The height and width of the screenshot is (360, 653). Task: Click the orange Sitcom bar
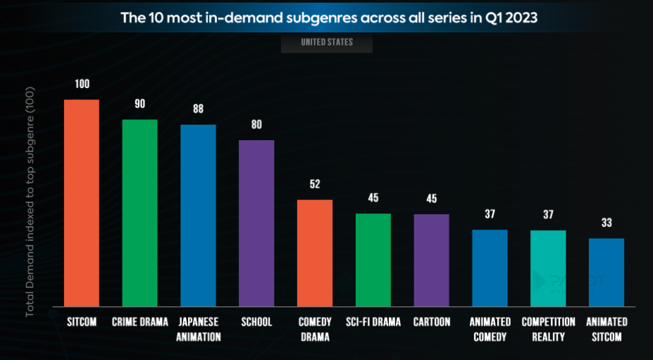(x=82, y=203)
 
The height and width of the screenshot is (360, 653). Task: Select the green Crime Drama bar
(x=139, y=213)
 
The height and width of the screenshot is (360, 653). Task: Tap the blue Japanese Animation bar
(x=198, y=216)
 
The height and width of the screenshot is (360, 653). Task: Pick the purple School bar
(x=256, y=223)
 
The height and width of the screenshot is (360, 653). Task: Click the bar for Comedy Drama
(x=315, y=253)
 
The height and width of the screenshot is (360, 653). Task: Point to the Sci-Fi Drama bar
(x=373, y=260)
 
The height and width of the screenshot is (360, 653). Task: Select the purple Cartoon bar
(x=431, y=260)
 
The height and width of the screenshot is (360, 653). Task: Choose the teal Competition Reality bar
(x=548, y=268)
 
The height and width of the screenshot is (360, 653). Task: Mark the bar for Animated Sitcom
(x=607, y=272)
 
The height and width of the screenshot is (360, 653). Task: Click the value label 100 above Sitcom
(x=82, y=85)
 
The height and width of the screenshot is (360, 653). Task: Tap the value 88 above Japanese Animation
(x=198, y=109)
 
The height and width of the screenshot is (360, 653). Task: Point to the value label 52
(x=315, y=185)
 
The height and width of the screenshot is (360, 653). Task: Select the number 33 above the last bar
(x=607, y=223)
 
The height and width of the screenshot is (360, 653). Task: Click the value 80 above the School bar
(x=256, y=125)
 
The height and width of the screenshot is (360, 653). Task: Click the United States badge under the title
(x=327, y=42)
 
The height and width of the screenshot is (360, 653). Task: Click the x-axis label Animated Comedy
(x=490, y=329)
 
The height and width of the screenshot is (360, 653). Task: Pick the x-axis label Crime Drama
(x=139, y=322)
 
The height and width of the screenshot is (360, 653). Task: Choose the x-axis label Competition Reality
(x=548, y=329)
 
